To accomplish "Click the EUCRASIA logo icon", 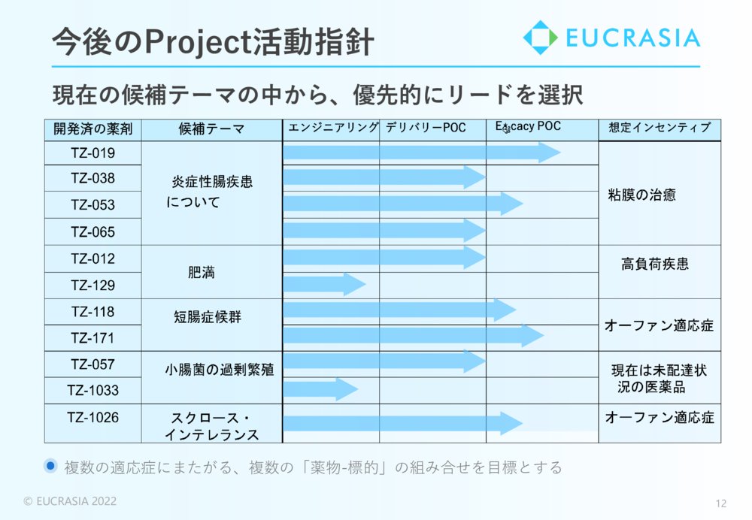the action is (540, 38).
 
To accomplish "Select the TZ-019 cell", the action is (93, 153).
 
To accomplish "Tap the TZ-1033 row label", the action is (93, 390).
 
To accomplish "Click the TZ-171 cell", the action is (93, 338).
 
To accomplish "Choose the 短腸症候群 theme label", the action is (208, 317).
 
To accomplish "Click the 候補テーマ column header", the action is (211, 129).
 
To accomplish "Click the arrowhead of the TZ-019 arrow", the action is (549, 153).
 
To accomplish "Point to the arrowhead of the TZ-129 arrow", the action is (354, 284).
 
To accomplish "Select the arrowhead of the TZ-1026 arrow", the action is (511, 423).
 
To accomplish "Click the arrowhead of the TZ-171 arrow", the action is (533, 335).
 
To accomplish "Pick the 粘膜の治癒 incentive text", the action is (641, 195).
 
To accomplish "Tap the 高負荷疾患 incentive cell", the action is (660, 272).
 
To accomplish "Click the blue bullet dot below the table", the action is (50, 465).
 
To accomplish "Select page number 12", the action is (721, 503).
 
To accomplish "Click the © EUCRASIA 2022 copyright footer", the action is (70, 501).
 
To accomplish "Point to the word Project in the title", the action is (198, 42).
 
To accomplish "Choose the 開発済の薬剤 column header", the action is (93, 129).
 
